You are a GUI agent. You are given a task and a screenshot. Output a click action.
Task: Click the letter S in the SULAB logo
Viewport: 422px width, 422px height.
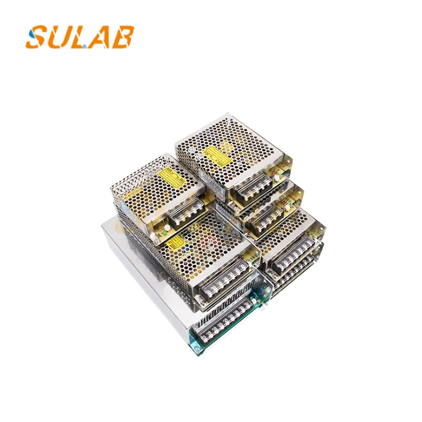37,37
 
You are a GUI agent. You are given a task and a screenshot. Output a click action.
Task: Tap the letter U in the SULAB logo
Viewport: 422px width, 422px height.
59,37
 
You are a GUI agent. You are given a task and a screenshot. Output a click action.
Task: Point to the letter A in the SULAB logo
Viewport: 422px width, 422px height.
100,37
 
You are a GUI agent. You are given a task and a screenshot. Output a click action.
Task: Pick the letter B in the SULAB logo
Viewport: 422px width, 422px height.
123,37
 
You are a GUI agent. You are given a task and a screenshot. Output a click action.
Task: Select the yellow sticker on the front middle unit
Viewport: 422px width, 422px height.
176,242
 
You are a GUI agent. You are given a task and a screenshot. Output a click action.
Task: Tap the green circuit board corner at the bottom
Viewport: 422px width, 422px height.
196,346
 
